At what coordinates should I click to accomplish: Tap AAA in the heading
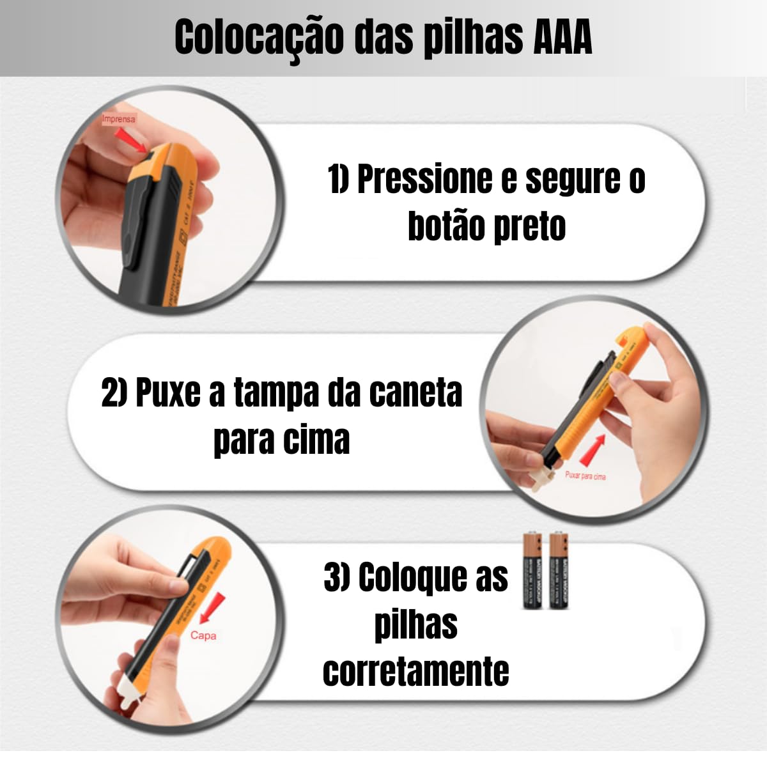[x=562, y=37]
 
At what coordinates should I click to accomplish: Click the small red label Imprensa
[x=119, y=119]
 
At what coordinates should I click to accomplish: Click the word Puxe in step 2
[x=167, y=392]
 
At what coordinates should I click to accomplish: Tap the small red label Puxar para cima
[x=585, y=476]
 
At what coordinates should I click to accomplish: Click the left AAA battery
[x=532, y=571]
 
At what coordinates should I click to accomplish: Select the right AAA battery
[x=559, y=571]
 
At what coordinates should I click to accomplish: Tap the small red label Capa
[x=203, y=635]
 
